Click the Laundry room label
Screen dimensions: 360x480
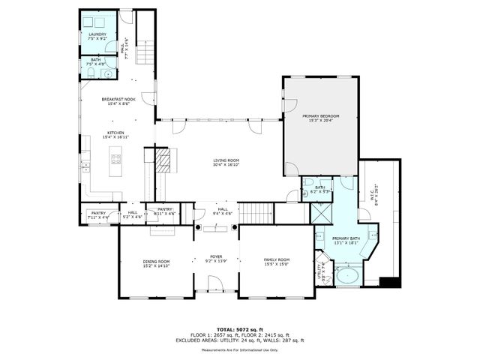coord(97,34)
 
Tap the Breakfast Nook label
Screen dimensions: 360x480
coord(118,99)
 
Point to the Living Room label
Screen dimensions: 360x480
coord(226,160)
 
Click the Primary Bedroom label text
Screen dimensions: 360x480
coord(321,116)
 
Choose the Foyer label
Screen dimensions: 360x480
coord(216,256)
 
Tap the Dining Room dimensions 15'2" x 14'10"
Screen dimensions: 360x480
coord(157,265)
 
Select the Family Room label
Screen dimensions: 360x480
coord(276,260)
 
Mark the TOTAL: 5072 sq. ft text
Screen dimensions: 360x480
coord(239,330)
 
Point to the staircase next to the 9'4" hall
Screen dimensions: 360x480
coord(257,212)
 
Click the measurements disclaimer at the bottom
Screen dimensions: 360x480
coord(239,349)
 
